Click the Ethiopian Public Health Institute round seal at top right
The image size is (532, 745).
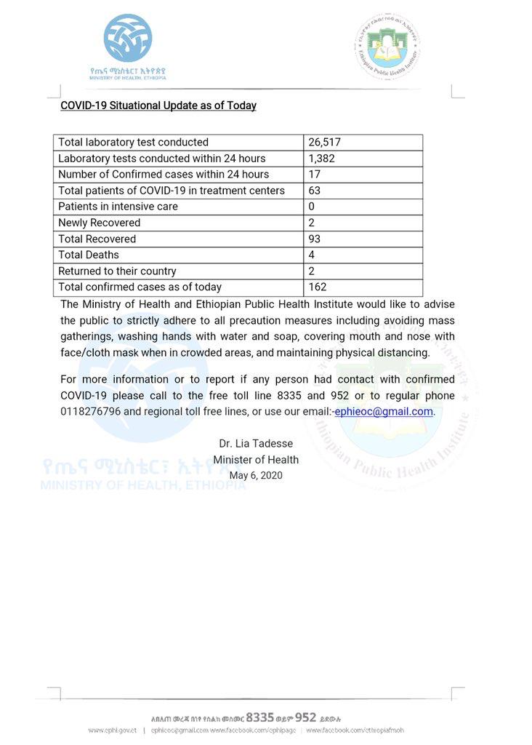coord(387,46)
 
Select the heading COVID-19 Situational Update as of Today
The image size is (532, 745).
coord(158,105)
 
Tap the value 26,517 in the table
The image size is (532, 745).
coord(324,143)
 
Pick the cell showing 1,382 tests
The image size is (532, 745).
coord(321,159)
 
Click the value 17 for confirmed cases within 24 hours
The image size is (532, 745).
coord(314,175)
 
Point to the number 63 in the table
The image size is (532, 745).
coord(314,191)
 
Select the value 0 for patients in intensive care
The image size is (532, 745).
coord(311,207)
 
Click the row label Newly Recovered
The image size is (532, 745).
coord(100,223)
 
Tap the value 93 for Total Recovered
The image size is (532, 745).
coord(314,239)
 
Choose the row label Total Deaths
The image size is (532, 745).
coord(89,255)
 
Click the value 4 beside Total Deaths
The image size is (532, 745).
coord(311,255)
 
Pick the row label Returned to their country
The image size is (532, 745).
coord(117,271)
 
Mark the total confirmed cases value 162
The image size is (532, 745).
coord(317,287)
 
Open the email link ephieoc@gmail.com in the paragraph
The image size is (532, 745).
coord(384,412)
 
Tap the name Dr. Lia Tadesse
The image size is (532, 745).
coord(255,444)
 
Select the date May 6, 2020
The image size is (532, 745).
coord(255,476)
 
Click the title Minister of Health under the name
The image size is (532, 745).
coord(255,460)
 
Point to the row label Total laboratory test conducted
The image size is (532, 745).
coord(133,143)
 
